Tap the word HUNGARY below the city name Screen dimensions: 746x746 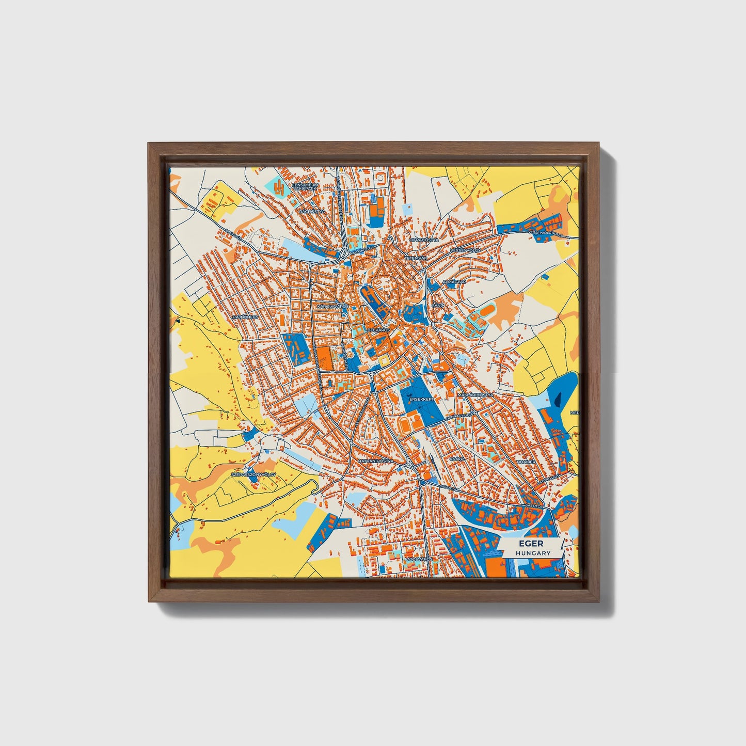(533, 553)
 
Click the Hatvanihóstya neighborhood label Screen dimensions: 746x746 (375, 461)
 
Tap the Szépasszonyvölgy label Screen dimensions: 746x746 (253, 473)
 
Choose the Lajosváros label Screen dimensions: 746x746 (418, 559)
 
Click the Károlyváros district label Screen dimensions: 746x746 (332, 306)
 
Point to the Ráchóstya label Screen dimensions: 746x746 (312, 211)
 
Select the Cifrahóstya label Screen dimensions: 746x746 (424, 240)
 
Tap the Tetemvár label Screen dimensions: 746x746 (414, 257)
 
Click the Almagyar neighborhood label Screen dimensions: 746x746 (455, 282)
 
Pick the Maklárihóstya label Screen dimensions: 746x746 (475, 394)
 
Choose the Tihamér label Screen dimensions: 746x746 (526, 461)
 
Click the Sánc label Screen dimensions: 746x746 (437, 306)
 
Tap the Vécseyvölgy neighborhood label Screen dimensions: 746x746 (465, 250)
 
